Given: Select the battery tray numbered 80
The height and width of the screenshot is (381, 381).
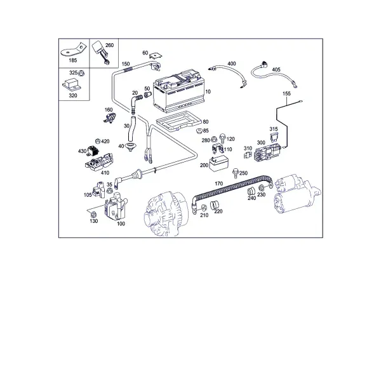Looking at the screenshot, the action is [x=178, y=121].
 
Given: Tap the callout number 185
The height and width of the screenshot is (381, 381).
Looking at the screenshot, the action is [x=72, y=60].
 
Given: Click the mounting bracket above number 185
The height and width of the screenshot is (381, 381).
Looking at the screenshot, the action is [x=74, y=50].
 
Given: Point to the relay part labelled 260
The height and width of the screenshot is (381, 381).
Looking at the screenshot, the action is [x=100, y=52].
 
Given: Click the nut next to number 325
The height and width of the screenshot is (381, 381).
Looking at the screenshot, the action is [x=81, y=72].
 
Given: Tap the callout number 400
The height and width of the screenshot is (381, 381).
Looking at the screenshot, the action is [x=232, y=63].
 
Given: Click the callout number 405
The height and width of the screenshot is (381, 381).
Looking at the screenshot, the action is [x=276, y=69].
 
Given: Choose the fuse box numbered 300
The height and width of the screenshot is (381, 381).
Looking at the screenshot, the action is [x=267, y=152].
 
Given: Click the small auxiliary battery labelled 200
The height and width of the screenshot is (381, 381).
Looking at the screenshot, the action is [x=218, y=163].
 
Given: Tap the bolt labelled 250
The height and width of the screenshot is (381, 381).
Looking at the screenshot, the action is [x=235, y=173].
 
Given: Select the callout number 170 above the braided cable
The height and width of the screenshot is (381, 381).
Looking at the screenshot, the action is [x=219, y=184].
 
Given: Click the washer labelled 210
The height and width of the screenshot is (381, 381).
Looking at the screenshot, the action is [x=203, y=208].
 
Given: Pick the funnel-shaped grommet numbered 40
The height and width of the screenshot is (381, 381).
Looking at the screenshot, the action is [x=130, y=147].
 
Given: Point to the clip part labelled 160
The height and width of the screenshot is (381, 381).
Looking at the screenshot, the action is [x=110, y=118].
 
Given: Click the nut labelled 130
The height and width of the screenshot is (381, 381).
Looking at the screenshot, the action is [x=93, y=215].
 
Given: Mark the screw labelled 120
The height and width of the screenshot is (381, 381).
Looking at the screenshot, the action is [x=222, y=138].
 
